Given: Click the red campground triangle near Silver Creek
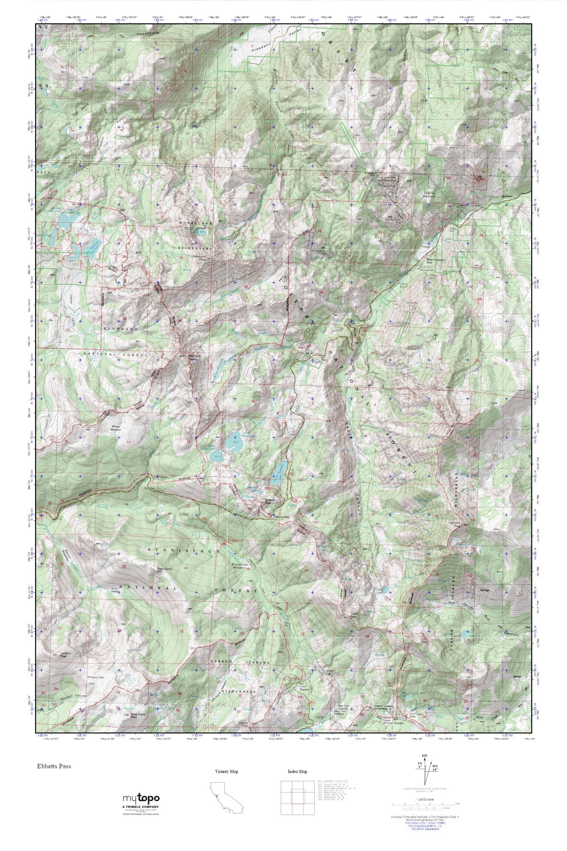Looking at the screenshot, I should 364,330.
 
